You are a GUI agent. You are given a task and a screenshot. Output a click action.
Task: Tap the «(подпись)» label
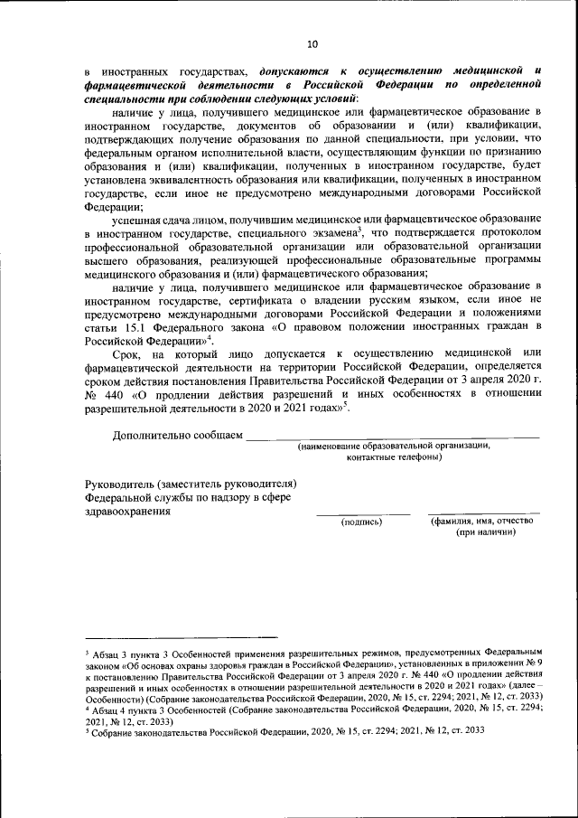pos(360,522)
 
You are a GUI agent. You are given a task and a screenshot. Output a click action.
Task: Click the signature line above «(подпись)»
pos(360,513)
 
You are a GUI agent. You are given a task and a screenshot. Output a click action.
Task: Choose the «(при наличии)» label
pos(485,532)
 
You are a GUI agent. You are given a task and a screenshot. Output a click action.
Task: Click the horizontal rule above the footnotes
pos(182,638)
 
